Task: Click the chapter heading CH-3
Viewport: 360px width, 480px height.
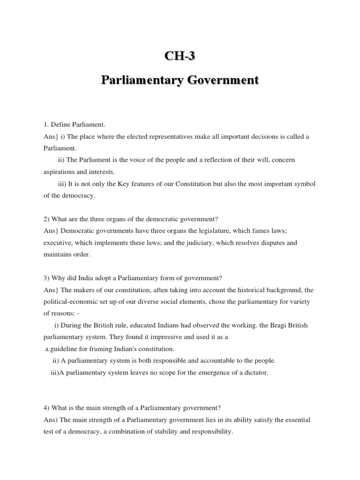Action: click(x=180, y=56)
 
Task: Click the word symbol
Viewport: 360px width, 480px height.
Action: click(x=305, y=184)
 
